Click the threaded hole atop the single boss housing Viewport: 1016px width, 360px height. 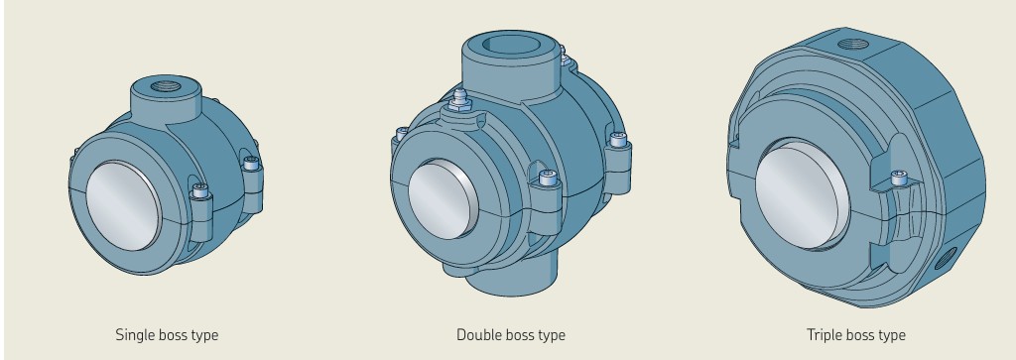tap(166, 86)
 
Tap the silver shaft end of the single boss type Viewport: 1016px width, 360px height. tap(123, 206)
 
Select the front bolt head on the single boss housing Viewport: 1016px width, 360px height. tap(200, 190)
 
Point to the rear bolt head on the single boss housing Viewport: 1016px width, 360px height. tap(251, 164)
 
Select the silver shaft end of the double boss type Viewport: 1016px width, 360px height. tap(444, 198)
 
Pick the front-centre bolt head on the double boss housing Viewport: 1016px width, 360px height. tap(548, 178)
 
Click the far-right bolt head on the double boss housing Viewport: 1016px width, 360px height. tap(618, 139)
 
